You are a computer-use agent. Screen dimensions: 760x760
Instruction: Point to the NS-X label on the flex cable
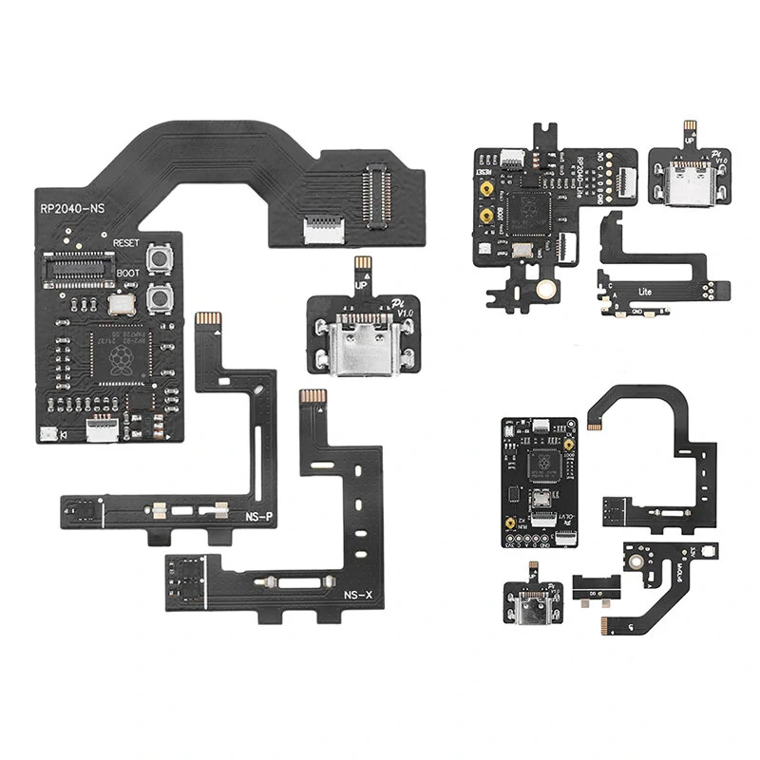tap(358, 596)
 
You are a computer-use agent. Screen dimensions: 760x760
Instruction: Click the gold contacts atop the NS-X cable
tap(310, 394)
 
